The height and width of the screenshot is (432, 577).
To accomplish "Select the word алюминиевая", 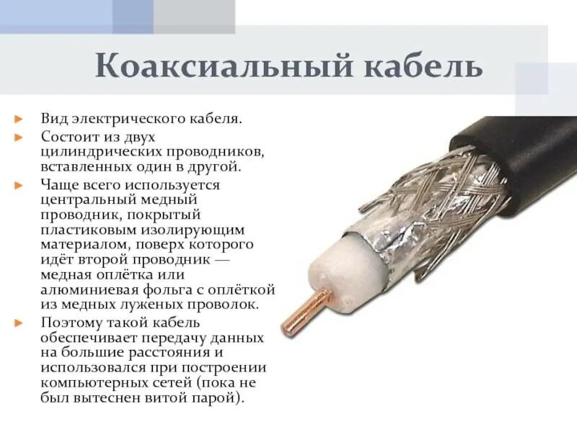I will pos(87,291).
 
